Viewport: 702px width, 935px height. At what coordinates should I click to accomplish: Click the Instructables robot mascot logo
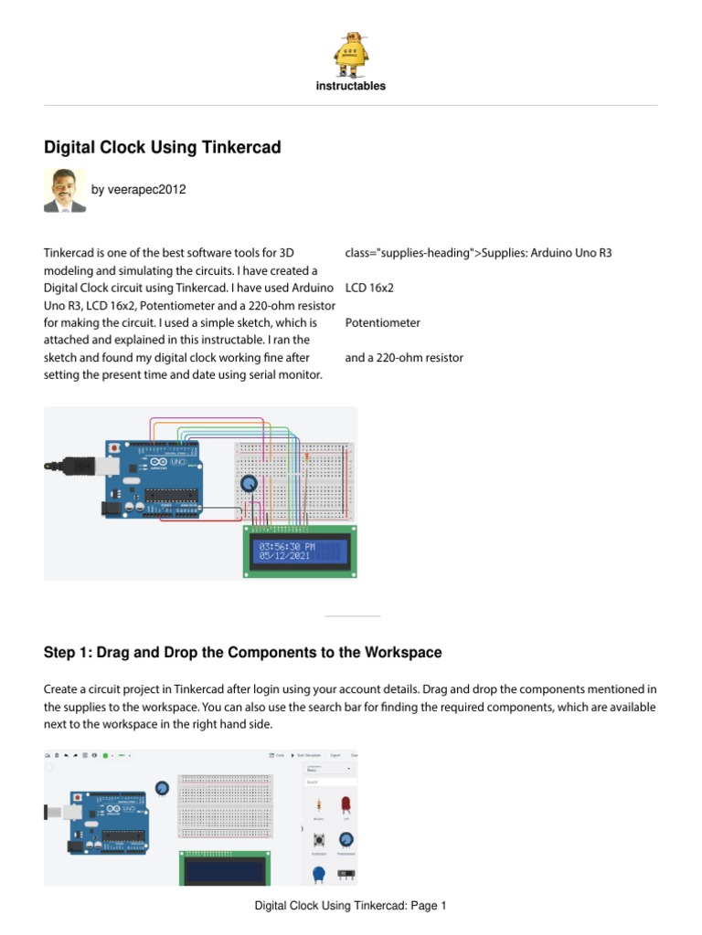(x=351, y=54)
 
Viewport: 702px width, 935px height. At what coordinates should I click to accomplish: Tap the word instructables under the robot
(x=351, y=86)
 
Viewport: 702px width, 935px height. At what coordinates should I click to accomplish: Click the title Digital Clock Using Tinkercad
(x=163, y=148)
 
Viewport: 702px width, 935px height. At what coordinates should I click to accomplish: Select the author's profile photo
(x=65, y=190)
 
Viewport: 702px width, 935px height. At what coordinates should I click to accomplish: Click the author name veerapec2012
(x=138, y=190)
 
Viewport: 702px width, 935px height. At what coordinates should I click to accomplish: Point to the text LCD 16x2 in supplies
(x=369, y=288)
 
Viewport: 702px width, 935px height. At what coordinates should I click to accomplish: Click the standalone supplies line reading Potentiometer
(x=382, y=323)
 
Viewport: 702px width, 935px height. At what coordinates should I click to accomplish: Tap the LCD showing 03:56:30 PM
(x=300, y=551)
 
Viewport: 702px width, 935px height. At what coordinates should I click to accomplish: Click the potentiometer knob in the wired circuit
(x=248, y=483)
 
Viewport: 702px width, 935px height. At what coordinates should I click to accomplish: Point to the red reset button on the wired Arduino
(x=113, y=448)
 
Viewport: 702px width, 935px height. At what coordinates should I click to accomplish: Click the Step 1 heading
(x=243, y=653)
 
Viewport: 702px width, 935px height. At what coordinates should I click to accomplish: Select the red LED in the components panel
(x=346, y=804)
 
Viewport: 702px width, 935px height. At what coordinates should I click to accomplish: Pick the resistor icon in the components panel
(x=318, y=805)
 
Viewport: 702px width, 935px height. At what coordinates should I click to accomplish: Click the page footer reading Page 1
(x=350, y=907)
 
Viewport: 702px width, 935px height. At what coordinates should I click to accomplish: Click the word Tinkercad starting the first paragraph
(x=70, y=253)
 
